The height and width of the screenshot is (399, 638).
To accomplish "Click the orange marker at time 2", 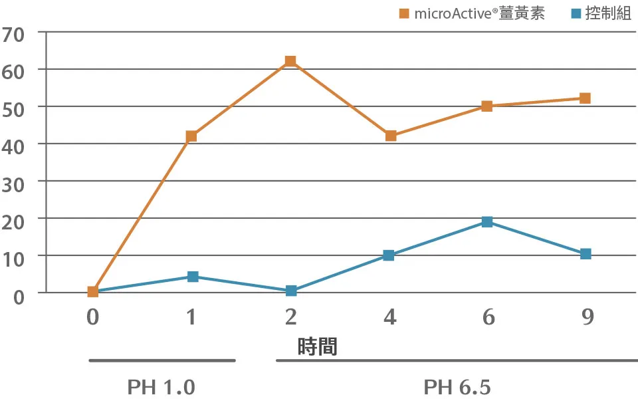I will point(290,61).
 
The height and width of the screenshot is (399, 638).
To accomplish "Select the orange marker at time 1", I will point(191,136).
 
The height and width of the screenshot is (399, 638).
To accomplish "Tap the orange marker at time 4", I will point(391,136).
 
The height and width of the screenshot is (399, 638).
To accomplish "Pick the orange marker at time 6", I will point(487,106).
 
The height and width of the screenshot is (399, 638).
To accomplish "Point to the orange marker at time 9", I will point(585,98).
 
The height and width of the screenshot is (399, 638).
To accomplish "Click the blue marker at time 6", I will point(487,221).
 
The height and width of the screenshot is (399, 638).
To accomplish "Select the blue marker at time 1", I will point(193,277).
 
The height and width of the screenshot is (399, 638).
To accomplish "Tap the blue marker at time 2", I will point(291,291).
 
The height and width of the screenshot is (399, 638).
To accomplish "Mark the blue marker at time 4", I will point(389,255).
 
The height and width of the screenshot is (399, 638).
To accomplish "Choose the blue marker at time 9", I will point(585,254).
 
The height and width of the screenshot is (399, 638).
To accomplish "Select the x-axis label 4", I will point(389,317).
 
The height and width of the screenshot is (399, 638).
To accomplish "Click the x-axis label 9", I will point(587,317).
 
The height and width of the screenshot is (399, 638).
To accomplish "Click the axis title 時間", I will point(317,346).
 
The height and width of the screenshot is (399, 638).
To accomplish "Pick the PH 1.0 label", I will point(161,387).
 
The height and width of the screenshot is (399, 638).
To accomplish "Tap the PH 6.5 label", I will point(457,387).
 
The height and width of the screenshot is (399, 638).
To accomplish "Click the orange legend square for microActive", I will point(404,14).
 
